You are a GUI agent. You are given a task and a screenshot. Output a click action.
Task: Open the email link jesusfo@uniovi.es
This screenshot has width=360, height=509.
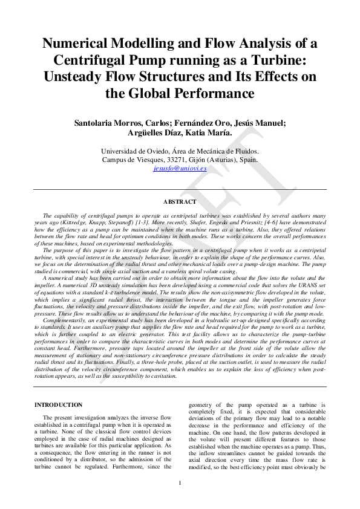180,169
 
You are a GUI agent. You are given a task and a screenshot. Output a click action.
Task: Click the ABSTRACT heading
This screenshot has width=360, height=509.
180,202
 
